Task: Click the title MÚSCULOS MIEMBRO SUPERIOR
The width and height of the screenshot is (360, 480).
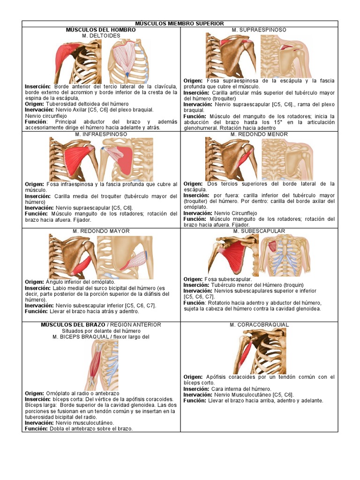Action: [x=180, y=23]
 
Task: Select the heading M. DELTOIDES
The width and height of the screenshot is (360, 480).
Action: [x=101, y=36]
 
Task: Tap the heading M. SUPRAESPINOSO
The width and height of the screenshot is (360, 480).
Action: [x=259, y=30]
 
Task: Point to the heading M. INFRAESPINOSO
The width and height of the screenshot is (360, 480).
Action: [x=101, y=135]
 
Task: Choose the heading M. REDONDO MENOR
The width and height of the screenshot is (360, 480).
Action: [x=259, y=135]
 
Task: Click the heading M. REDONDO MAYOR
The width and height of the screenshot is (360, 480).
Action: [x=101, y=231]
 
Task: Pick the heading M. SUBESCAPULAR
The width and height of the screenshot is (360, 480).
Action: [x=259, y=231]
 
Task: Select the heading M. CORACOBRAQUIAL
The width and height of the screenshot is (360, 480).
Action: [x=259, y=325]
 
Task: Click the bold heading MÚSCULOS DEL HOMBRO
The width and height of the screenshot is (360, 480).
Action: [x=101, y=30]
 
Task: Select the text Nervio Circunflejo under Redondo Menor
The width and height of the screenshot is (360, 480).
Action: [x=236, y=213]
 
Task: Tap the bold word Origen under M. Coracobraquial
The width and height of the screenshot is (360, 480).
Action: [x=193, y=377]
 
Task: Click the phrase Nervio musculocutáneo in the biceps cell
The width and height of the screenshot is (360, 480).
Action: [x=84, y=423]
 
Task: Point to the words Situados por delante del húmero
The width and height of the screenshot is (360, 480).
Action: [x=101, y=331]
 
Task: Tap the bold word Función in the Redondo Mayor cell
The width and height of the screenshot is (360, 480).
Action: [x=37, y=311]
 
